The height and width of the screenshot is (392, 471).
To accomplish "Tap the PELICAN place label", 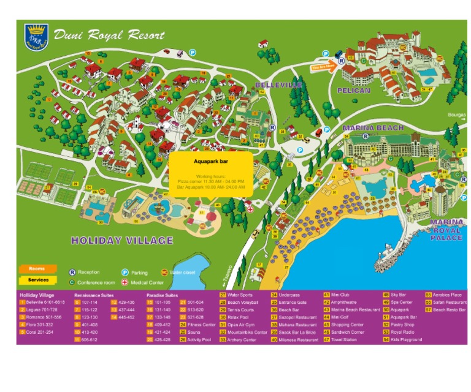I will point(354,91).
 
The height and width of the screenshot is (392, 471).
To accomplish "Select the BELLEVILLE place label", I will point(278,85).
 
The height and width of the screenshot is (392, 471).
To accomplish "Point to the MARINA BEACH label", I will point(373,127).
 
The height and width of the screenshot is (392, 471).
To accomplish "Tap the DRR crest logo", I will point(36,36).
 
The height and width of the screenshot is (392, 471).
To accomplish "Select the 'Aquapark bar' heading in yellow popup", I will point(210,161).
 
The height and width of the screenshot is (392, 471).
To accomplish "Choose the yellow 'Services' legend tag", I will point(38,280).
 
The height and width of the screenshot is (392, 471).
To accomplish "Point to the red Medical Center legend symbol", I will point(125,282).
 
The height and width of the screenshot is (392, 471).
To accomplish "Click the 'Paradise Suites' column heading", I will point(162,295).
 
